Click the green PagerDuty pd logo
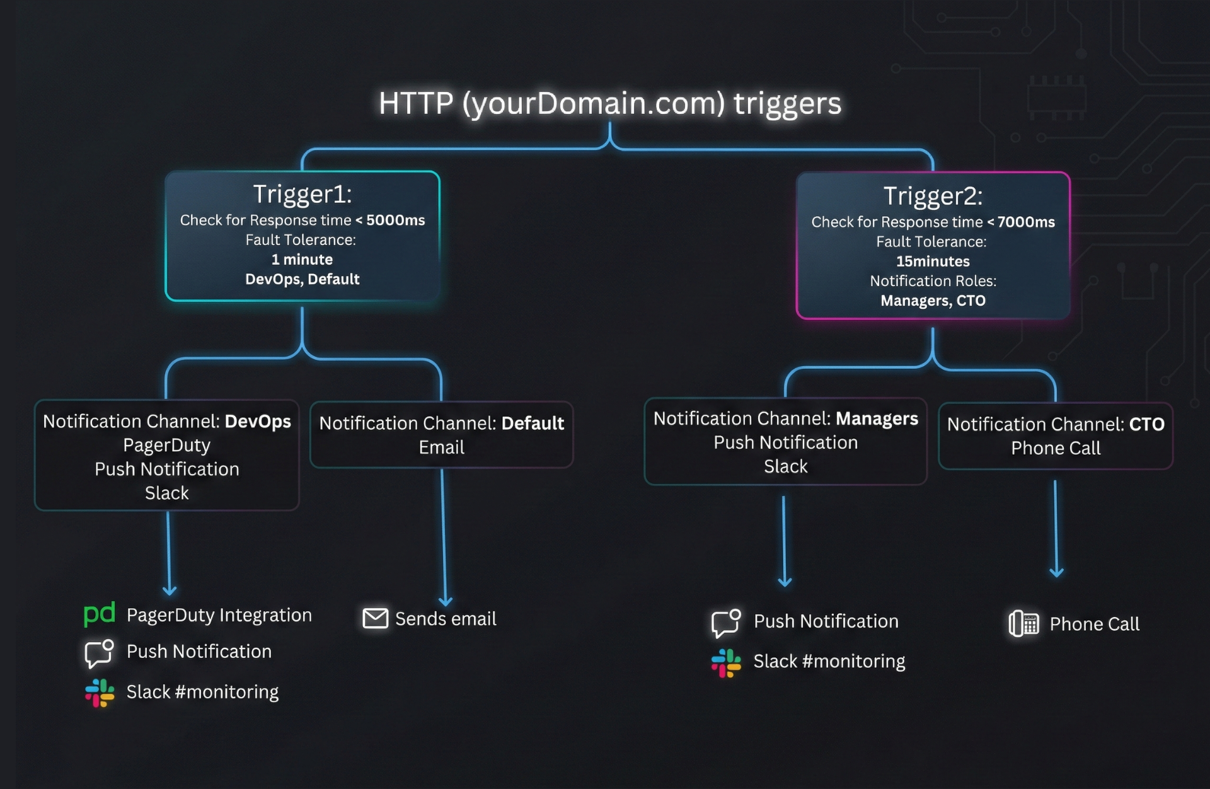tap(99, 613)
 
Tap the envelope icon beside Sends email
tap(376, 618)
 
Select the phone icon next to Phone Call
tap(1023, 624)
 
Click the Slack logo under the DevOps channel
tap(100, 693)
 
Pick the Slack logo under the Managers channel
tap(726, 663)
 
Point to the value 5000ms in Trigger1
tap(395, 220)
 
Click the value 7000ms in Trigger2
tap(1025, 222)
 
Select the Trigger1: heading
tap(302, 194)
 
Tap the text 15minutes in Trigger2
tap(933, 261)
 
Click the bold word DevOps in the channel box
tap(258, 421)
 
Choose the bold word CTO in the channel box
tap(1146, 424)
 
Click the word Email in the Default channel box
tap(441, 447)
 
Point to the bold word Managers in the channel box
tap(877, 418)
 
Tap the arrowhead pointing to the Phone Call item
tap(1057, 572)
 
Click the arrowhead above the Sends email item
tap(446, 601)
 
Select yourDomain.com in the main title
tap(594, 103)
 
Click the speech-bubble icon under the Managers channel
tap(725, 623)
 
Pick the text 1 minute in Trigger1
tap(302, 259)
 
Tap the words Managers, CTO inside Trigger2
tap(933, 301)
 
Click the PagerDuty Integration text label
tap(219, 615)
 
